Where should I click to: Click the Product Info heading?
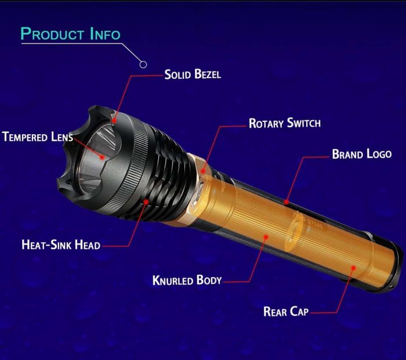click(70, 34)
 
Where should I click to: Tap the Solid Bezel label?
click(193, 74)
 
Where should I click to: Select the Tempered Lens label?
click(38, 136)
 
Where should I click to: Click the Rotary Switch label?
click(285, 123)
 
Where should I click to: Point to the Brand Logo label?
click(362, 154)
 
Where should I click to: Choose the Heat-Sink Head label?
click(61, 244)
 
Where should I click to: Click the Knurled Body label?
click(187, 280)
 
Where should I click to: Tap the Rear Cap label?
click(286, 311)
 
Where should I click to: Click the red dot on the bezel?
click(114, 121)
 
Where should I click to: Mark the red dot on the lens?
click(102, 157)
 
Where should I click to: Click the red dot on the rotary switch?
click(203, 171)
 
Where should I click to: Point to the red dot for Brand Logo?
click(286, 202)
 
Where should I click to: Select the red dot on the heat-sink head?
click(146, 201)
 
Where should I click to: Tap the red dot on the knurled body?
click(266, 237)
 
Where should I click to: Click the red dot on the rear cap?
click(353, 268)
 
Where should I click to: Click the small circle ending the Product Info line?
click(143, 64)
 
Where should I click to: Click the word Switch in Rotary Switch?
click(304, 123)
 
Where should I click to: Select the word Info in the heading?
click(105, 34)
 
